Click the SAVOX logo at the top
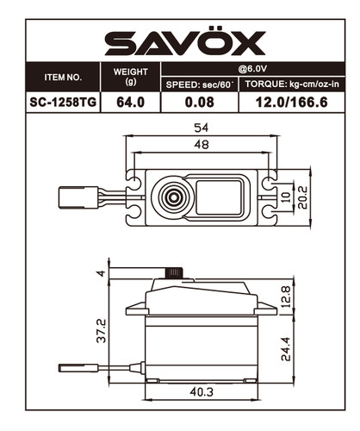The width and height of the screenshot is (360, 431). [x=179, y=41]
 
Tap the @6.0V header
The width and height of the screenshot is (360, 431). [x=255, y=69]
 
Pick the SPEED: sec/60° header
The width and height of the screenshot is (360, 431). [x=200, y=84]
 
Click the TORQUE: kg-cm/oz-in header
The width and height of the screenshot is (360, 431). [x=293, y=84]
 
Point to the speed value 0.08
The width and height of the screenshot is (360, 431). [x=200, y=102]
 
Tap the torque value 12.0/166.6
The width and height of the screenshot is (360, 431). [x=293, y=102]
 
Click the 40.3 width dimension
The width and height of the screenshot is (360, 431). [x=202, y=394]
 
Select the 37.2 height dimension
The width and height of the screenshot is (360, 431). [x=102, y=331]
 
